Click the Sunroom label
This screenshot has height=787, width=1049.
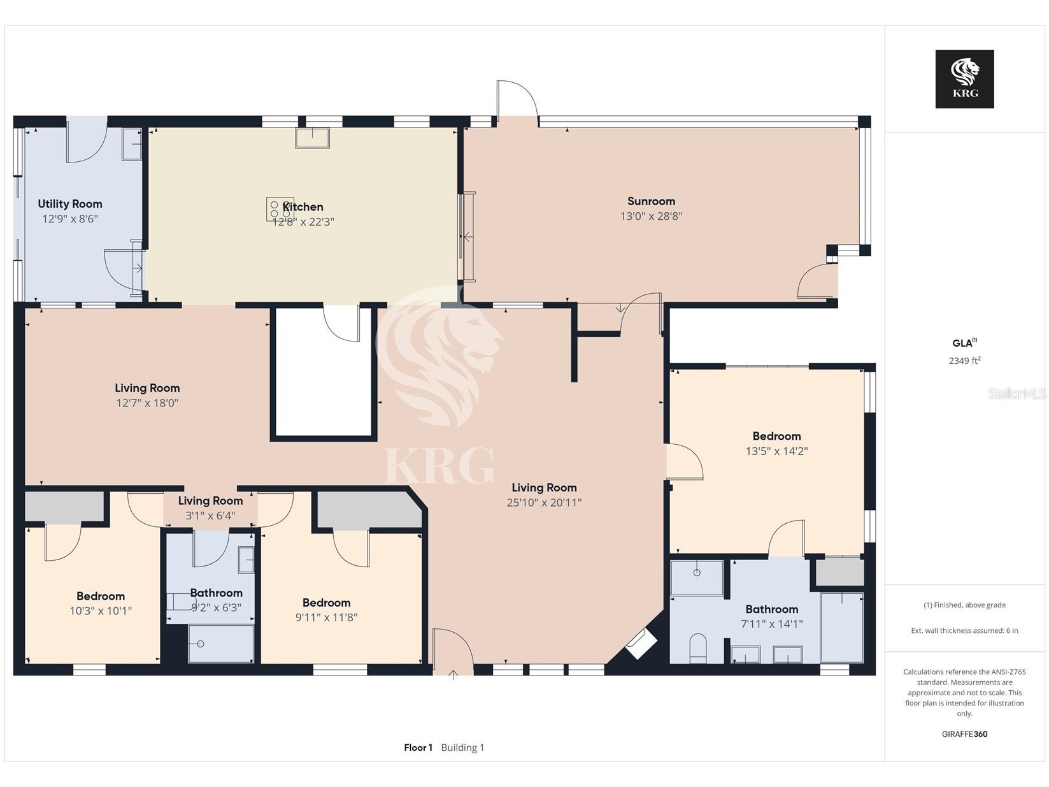click(x=651, y=201)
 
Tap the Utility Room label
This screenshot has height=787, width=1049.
click(x=70, y=204)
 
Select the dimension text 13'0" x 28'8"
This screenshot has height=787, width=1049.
click(x=651, y=216)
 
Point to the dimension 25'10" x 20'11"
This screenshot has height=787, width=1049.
click(x=544, y=503)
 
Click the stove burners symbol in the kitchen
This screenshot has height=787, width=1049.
click(x=280, y=210)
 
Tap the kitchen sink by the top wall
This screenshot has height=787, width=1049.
click(x=313, y=138)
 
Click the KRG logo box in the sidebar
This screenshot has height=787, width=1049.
click(x=964, y=79)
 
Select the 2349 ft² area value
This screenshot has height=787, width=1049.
click(x=964, y=361)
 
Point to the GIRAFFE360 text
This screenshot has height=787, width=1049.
click(x=964, y=734)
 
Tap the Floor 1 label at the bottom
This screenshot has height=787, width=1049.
click(x=418, y=747)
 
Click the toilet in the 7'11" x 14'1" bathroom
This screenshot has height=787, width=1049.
click(x=698, y=649)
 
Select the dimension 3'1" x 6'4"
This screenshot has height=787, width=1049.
click(x=210, y=516)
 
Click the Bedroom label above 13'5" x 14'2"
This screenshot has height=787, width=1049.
click(x=776, y=436)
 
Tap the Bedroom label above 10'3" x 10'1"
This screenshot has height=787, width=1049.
click(x=101, y=596)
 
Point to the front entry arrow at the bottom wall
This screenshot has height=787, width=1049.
click(x=453, y=675)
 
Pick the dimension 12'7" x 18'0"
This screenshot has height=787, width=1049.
click(x=147, y=403)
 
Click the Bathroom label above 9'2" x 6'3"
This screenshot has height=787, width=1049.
click(x=216, y=593)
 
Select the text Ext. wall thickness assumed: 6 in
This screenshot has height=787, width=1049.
click(x=964, y=631)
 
